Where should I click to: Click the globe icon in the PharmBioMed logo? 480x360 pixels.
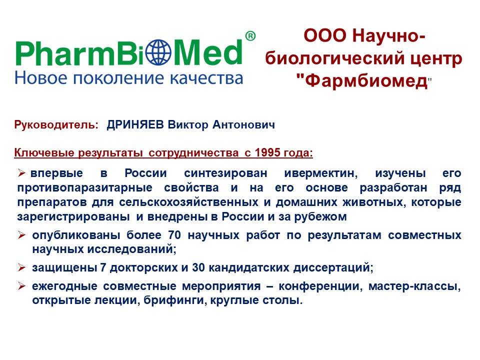(158, 52)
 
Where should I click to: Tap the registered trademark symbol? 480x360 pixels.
(250, 36)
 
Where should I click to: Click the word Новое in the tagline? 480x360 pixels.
(40, 78)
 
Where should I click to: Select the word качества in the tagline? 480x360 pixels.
(206, 78)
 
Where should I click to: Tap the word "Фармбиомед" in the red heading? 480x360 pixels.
(363, 81)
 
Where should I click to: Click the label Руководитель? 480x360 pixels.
(56, 125)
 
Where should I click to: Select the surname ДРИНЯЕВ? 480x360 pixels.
(135, 124)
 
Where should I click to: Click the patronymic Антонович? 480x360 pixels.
(243, 124)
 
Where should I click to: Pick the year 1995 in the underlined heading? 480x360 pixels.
(267, 152)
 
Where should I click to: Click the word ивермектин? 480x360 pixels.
(321, 173)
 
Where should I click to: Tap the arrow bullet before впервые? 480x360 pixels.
(21, 173)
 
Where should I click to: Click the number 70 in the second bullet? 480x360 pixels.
(174, 235)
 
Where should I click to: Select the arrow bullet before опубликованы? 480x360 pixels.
(21, 235)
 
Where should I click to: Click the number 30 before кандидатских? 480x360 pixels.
(198, 267)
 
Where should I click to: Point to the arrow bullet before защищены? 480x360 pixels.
(21, 267)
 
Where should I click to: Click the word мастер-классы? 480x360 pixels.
(415, 286)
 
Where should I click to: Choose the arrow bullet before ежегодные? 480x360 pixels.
(21, 286)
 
